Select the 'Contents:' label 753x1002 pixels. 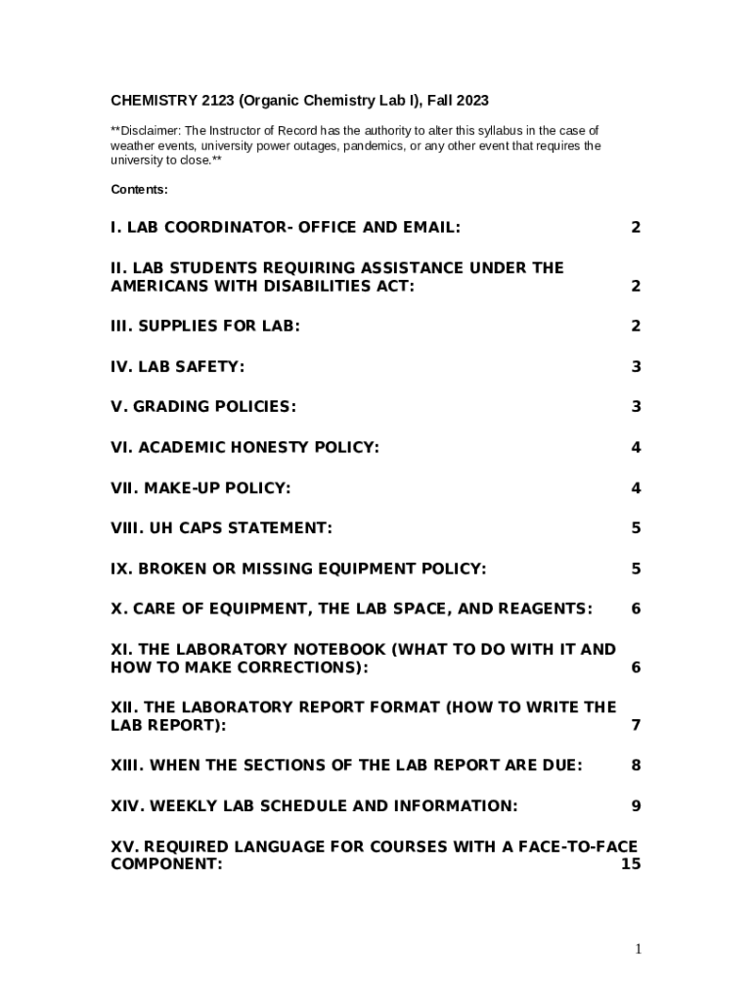pyautogui.click(x=139, y=189)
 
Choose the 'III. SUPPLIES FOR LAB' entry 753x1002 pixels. pyautogui.click(x=205, y=326)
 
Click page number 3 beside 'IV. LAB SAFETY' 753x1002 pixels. pyautogui.click(x=636, y=367)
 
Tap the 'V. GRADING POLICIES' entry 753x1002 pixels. pyautogui.click(x=203, y=406)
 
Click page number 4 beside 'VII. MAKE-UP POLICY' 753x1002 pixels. pyautogui.click(x=636, y=487)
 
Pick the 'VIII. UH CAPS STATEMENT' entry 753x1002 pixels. pyautogui.click(x=221, y=527)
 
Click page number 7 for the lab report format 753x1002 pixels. pyautogui.click(x=636, y=725)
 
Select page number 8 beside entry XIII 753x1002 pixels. pyautogui.click(x=636, y=765)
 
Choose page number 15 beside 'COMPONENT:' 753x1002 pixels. pyautogui.click(x=631, y=865)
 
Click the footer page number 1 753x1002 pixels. pyautogui.click(x=637, y=948)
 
